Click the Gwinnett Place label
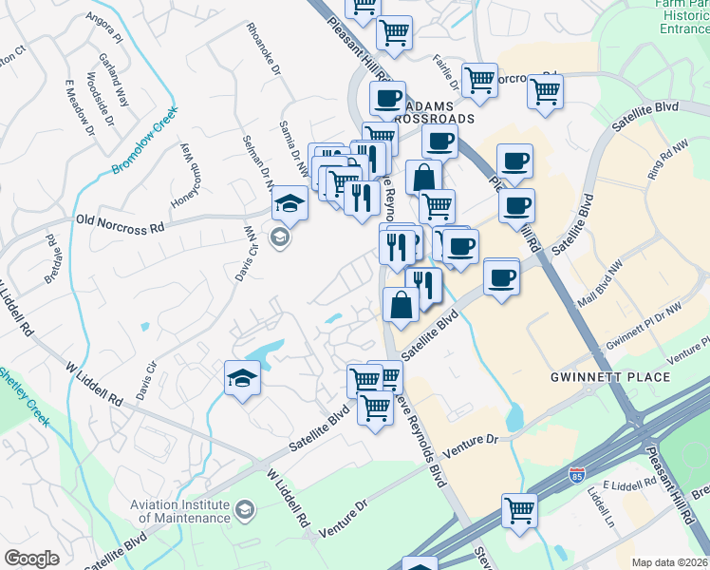click(x=624, y=377)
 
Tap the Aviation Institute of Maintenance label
click(x=185, y=512)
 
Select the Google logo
click(x=31, y=559)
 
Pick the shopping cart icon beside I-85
click(x=519, y=510)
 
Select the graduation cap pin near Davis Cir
click(x=290, y=202)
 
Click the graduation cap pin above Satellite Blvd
click(x=242, y=379)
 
